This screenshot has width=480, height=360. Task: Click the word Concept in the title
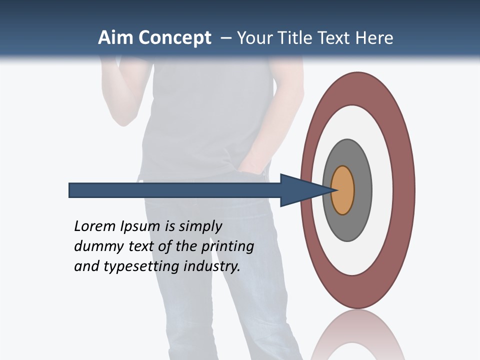pyautogui.click(x=175, y=38)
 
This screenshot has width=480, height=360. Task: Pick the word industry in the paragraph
pyautogui.click(x=212, y=266)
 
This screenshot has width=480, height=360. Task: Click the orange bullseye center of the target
pyautogui.click(x=343, y=190)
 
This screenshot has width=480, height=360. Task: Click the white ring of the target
pyautogui.click(x=382, y=190)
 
